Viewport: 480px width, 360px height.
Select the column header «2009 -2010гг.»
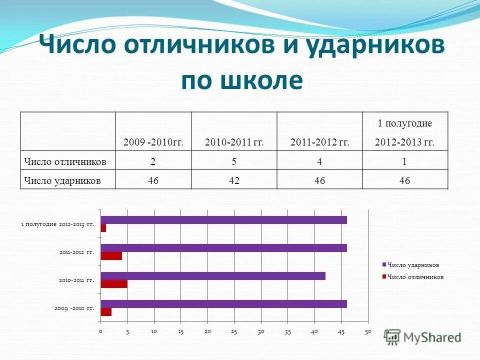pos(153,142)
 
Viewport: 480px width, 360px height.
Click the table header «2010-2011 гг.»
pos(234,142)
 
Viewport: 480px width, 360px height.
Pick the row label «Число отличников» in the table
pos(65,161)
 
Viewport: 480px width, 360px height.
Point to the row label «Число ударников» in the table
pos(62,180)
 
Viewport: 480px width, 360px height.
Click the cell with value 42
pos(234,180)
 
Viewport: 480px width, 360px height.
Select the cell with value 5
pos(234,161)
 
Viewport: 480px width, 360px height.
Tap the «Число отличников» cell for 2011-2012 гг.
pos(319,161)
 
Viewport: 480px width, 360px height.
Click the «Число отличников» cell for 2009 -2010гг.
pos(153,161)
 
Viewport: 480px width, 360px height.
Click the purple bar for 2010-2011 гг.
pos(213,276)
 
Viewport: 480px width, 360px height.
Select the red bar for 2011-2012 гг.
pos(111,256)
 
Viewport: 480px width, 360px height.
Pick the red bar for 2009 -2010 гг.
pos(106,312)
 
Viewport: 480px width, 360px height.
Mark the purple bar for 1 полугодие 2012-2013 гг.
pos(223,220)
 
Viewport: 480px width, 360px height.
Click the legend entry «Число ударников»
pos(413,265)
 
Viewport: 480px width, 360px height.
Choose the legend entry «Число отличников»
pos(415,276)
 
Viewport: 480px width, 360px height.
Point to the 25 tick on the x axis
pos(234,331)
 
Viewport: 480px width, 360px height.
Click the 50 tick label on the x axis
pos(368,331)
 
